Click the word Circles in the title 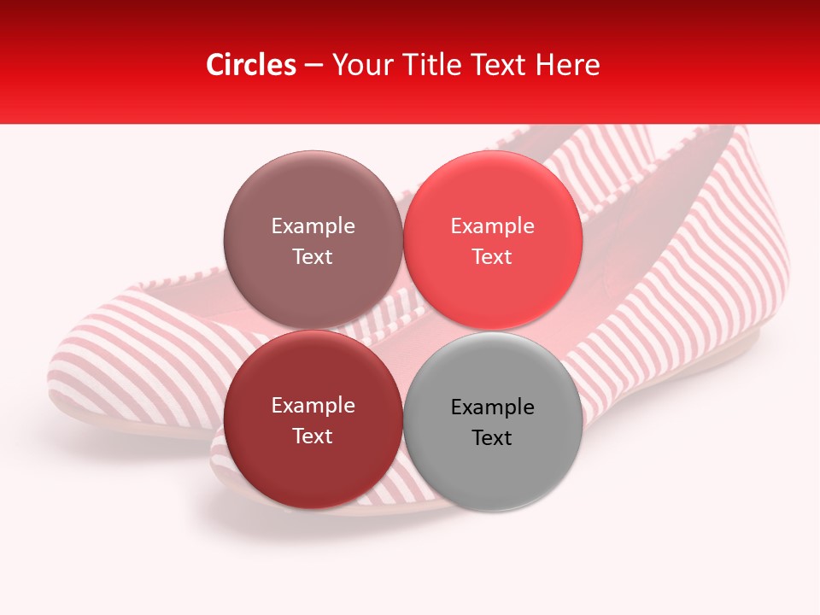pyautogui.click(x=250, y=65)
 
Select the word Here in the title pyautogui.click(x=567, y=65)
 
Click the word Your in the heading pyautogui.click(x=363, y=65)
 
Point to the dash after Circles pyautogui.click(x=313, y=66)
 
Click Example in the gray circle pyautogui.click(x=492, y=407)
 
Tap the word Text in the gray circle pyautogui.click(x=492, y=438)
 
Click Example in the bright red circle pyautogui.click(x=492, y=226)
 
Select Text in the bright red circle pyautogui.click(x=492, y=257)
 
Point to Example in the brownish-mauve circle pyautogui.click(x=313, y=226)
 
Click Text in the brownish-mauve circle pyautogui.click(x=313, y=257)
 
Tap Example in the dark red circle pyautogui.click(x=313, y=406)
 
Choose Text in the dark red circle pyautogui.click(x=313, y=436)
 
